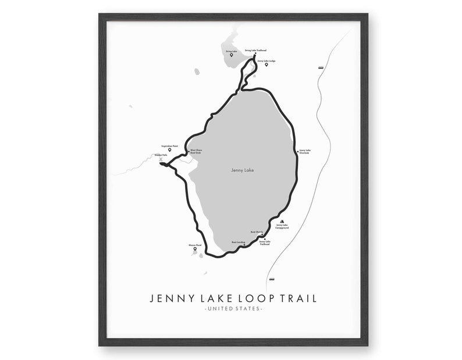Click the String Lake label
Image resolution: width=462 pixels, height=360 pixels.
pos(231,51)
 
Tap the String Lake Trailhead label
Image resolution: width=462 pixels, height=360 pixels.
pos(255,51)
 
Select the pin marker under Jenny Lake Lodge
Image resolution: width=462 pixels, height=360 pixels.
pos(266,65)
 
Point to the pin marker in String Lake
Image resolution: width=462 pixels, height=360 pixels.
pos(231,55)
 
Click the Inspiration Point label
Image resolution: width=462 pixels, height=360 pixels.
pos(170,146)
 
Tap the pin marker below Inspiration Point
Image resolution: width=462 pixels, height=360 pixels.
pos(170,150)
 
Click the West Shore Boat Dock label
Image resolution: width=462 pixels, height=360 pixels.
pos(195,151)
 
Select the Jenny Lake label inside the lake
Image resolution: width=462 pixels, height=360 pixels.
pos(242,170)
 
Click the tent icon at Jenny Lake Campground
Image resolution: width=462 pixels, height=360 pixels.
pos(282,222)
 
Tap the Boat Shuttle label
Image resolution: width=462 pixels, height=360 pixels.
pos(257,231)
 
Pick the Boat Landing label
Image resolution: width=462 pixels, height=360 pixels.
pos(238,242)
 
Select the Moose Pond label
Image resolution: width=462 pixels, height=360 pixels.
pos(195,245)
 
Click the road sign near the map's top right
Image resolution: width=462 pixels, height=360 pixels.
pos(321,68)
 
